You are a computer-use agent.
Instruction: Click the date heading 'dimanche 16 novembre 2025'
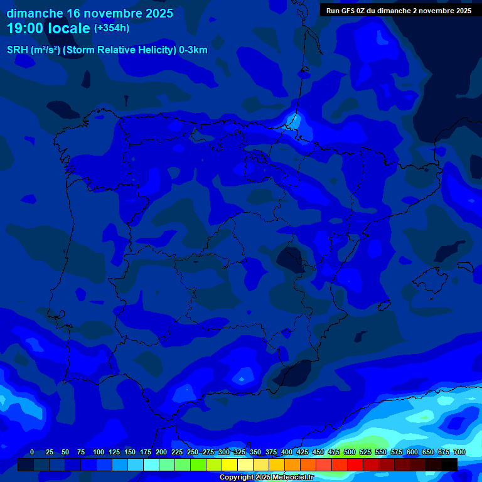[90, 13]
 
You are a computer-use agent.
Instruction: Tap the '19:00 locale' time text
[49, 28]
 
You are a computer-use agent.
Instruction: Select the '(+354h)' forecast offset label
[112, 28]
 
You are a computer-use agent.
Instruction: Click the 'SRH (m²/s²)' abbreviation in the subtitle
[33, 50]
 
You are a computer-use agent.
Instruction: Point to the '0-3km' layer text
[193, 50]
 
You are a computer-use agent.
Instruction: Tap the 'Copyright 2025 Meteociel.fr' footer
[266, 478]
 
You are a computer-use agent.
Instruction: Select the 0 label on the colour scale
[32, 452]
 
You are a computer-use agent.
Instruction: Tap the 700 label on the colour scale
[459, 452]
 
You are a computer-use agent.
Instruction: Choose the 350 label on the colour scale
[255, 452]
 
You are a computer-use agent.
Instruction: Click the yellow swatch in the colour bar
[230, 464]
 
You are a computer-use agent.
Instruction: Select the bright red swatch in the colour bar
[355, 464]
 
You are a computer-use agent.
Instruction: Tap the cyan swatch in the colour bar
[151, 464]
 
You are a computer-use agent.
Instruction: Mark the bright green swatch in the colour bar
[198, 464]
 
